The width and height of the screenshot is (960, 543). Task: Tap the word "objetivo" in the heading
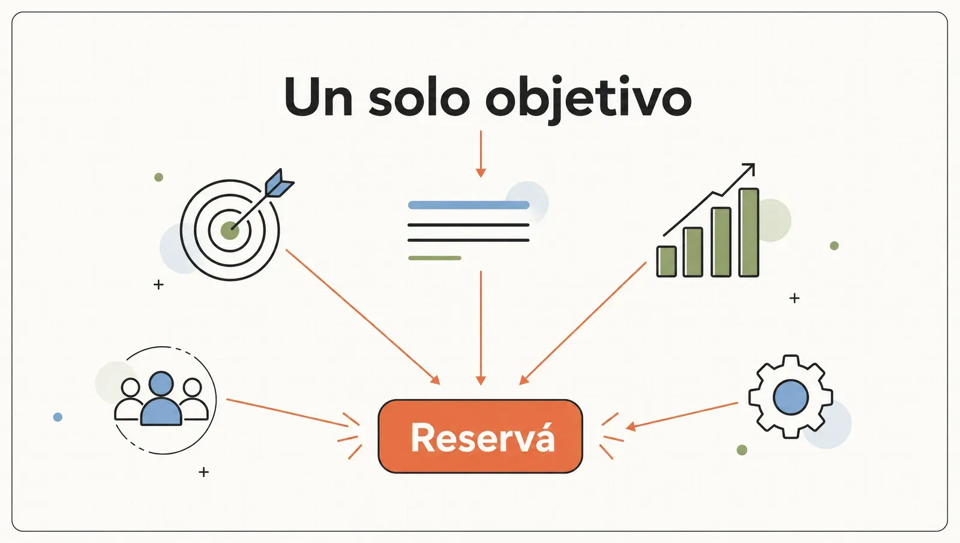[x=589, y=100]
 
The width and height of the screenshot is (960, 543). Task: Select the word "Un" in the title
[x=319, y=97]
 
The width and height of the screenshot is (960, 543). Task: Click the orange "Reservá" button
[x=481, y=436]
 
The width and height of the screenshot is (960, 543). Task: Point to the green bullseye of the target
[x=230, y=230]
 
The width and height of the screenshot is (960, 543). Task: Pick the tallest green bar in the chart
[x=749, y=232]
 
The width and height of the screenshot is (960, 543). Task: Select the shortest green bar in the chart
[x=667, y=262]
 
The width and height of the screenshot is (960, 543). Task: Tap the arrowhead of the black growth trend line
[x=749, y=169]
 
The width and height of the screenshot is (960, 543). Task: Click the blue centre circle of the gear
[x=791, y=397]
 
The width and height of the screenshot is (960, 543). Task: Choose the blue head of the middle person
[x=161, y=383]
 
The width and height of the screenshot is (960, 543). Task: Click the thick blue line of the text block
[x=469, y=205]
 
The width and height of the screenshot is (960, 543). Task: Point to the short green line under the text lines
[x=434, y=258]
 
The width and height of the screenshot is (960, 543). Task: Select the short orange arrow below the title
[x=481, y=154]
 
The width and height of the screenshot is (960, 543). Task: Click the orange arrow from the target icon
[x=363, y=317]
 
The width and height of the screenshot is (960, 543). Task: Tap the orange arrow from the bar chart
[x=583, y=323]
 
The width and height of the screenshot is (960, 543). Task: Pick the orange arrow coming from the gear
[x=682, y=415]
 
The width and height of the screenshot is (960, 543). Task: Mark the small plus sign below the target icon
[x=158, y=284]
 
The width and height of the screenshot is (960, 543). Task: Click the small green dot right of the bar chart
[x=834, y=245]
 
